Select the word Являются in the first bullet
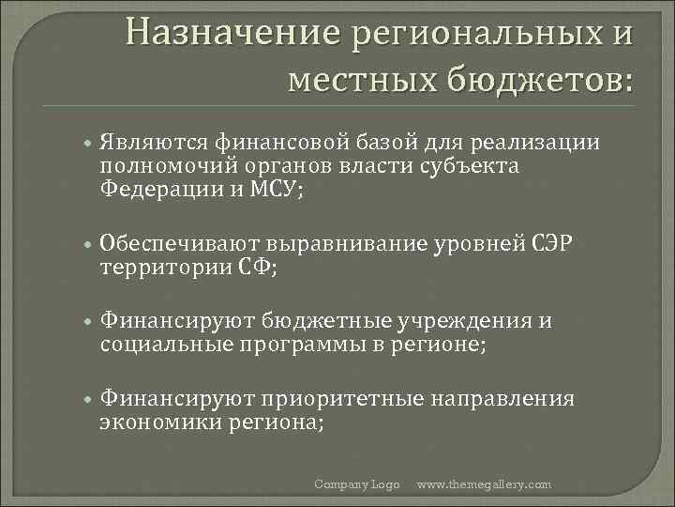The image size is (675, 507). tap(154, 143)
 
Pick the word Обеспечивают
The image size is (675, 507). tap(182, 245)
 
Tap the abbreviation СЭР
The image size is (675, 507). tap(558, 245)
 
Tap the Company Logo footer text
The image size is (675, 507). tap(357, 484)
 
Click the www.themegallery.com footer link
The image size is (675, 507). tap(484, 484)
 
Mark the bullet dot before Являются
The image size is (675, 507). tap(86, 144)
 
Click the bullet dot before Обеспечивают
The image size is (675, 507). tap(86, 246)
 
